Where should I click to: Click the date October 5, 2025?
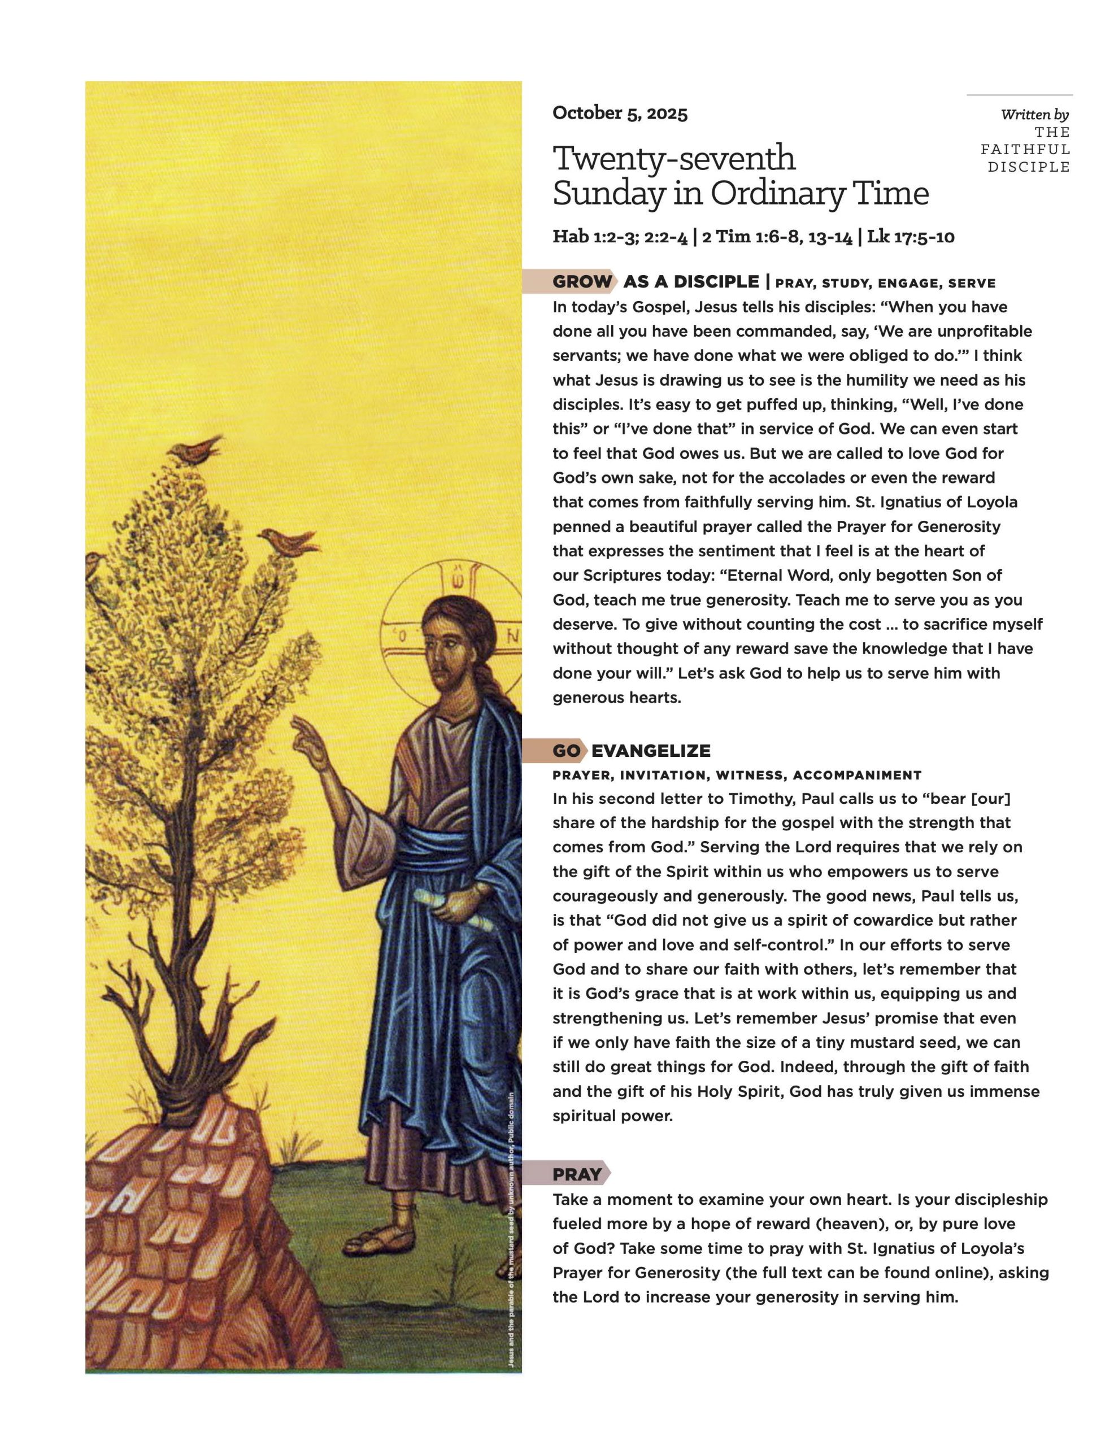(619, 113)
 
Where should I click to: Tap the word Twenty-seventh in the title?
(673, 158)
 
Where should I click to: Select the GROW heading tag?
(581, 282)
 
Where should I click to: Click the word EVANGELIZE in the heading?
(650, 751)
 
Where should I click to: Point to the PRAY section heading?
(577, 1174)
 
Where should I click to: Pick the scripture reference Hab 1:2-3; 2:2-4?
(620, 237)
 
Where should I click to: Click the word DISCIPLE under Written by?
(1029, 167)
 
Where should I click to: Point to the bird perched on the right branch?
(289, 542)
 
